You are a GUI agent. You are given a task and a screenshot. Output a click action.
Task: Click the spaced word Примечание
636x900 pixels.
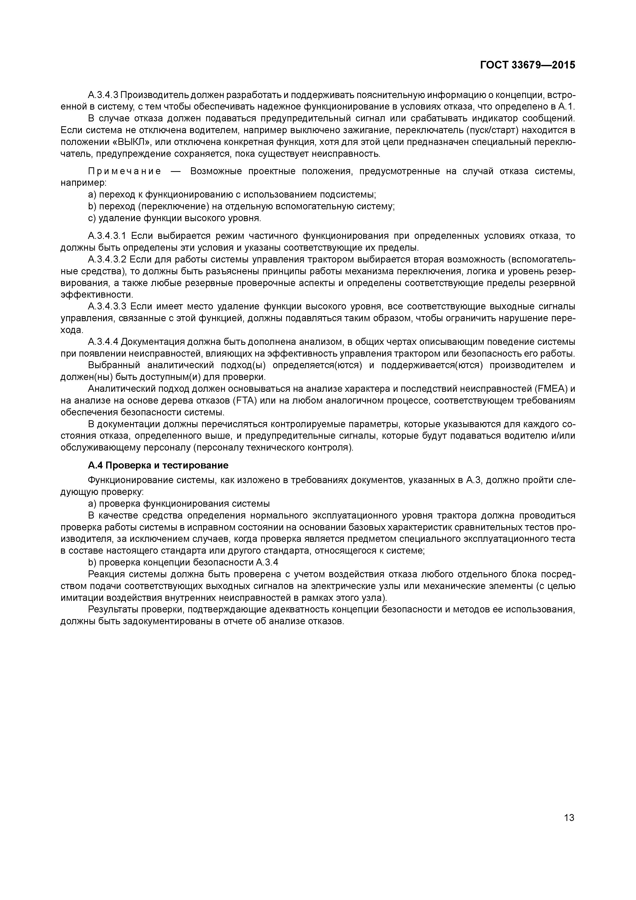point(124,171)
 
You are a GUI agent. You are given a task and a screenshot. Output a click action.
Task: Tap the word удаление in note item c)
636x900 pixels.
point(116,218)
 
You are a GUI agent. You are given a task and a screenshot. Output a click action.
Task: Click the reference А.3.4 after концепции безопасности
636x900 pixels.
point(267,562)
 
